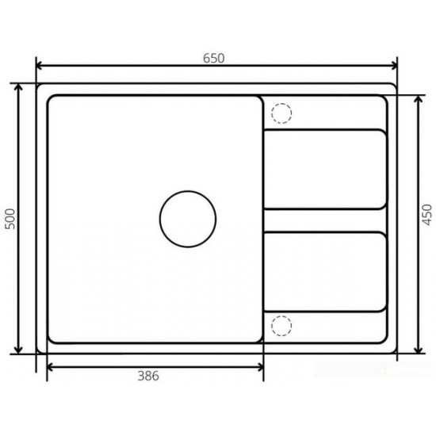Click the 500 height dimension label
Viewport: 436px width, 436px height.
[x=10, y=218]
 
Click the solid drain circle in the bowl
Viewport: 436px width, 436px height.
[x=188, y=219]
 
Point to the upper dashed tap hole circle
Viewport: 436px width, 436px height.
[x=281, y=114]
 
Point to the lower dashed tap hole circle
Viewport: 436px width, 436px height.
[x=281, y=325]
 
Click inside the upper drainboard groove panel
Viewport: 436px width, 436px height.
[x=325, y=169]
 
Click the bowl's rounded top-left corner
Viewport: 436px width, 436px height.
[x=53, y=101]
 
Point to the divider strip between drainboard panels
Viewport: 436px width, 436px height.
[x=325, y=220]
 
